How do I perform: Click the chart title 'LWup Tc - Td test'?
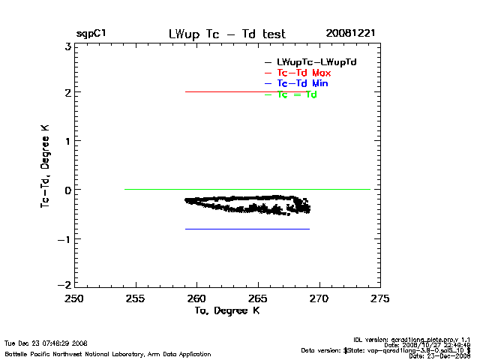[226, 34]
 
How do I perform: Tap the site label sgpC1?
[91, 34]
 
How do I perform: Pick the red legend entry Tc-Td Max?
[304, 73]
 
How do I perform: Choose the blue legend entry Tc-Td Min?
[302, 83]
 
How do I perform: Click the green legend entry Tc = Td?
[296, 94]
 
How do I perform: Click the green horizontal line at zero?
[247, 189]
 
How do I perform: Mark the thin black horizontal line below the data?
[247, 229]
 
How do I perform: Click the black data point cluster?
[247, 203]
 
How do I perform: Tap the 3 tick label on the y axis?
[67, 45]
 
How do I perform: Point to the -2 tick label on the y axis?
[64, 286]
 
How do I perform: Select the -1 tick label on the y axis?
[64, 238]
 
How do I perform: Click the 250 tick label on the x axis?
[74, 299]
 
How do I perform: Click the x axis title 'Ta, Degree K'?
[226, 310]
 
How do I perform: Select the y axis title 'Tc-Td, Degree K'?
[46, 165]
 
